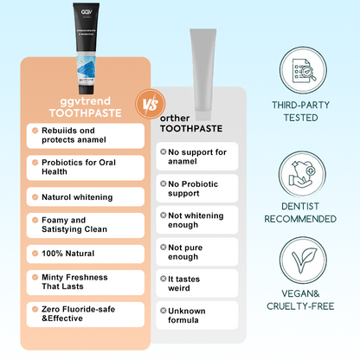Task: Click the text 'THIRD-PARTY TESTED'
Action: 304,112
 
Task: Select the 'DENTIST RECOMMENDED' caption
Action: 304,212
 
